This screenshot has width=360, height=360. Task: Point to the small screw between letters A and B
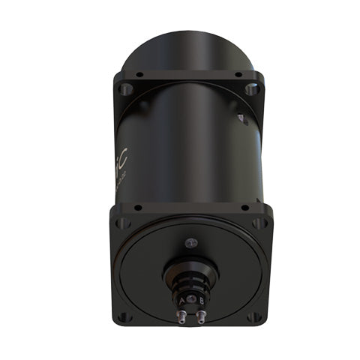(191, 301)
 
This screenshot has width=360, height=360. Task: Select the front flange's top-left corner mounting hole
(124, 223)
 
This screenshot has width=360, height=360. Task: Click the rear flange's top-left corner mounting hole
(127, 88)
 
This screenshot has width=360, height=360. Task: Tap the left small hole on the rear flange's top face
(139, 74)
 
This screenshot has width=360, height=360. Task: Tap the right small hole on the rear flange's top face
(238, 74)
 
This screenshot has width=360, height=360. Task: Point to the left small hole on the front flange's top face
(137, 206)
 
